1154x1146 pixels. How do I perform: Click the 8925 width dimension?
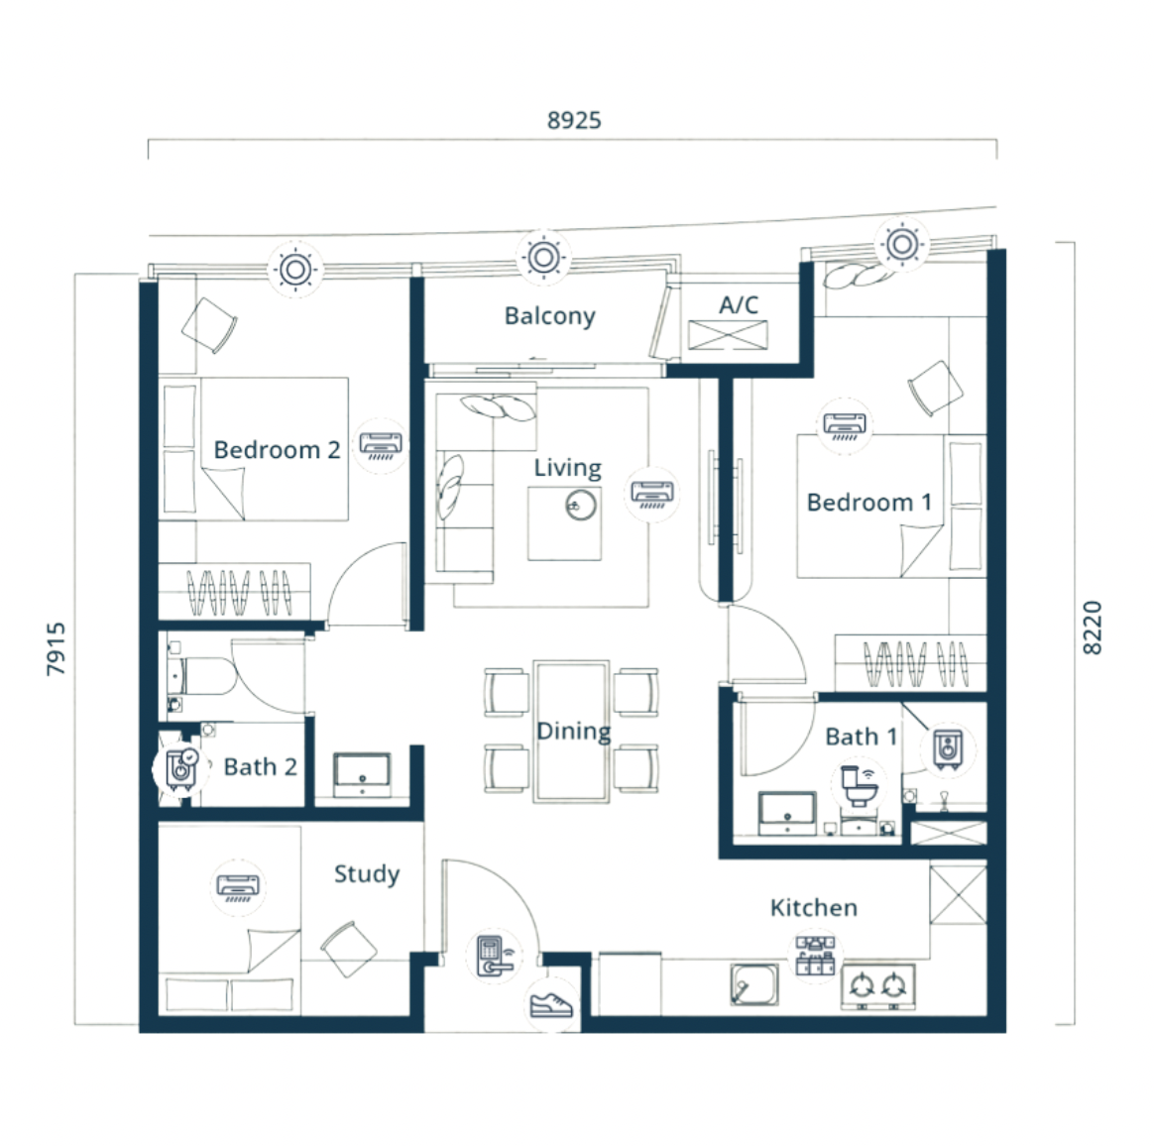pos(574,120)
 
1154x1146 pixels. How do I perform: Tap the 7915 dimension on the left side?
pos(56,648)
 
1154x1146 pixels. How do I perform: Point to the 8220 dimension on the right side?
pos(1093,628)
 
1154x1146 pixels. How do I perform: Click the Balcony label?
pos(550,316)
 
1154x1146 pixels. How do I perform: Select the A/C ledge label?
pos(739,304)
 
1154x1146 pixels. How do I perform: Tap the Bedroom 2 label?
pos(277,450)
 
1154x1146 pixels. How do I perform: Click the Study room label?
pos(367,874)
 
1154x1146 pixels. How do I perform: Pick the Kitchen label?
pos(813,907)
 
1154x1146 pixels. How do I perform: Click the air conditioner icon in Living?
pos(652,493)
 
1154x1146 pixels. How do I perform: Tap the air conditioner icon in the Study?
pos(238,887)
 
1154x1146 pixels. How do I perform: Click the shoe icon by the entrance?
pos(552,1004)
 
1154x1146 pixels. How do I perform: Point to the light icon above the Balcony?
pos(544,258)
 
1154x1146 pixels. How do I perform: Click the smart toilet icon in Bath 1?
pos(859,785)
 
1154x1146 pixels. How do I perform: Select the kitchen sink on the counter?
pos(754,984)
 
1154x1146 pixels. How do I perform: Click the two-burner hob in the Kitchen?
pos(878,986)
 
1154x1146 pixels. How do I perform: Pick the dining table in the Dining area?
pos(572,731)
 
